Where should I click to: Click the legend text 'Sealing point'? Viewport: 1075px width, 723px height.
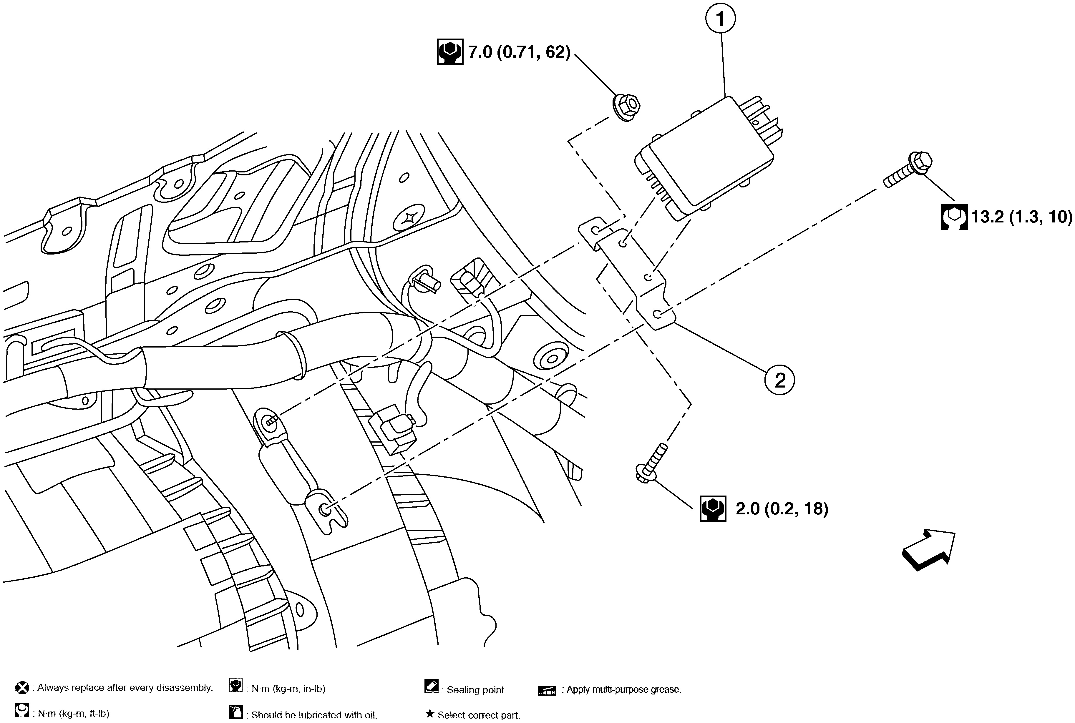pyautogui.click(x=475, y=690)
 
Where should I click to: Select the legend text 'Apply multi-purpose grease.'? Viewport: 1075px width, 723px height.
pyautogui.click(x=623, y=689)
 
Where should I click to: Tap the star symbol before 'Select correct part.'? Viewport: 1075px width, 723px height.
pyautogui.click(x=429, y=714)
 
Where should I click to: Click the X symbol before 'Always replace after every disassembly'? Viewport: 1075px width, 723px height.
pyautogui.click(x=22, y=688)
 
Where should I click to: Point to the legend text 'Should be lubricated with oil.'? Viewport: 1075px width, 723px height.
pyautogui.click(x=314, y=715)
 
